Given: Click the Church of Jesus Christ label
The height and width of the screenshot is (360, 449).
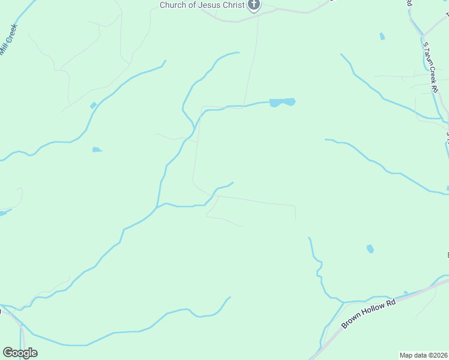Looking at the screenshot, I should pos(202,5).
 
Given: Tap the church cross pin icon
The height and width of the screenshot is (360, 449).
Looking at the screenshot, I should pos(254,5).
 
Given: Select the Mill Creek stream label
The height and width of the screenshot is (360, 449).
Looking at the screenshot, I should pos(10,40).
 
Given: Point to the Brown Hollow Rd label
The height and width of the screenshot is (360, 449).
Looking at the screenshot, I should pos(369,313).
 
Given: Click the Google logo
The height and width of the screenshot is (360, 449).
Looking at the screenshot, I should pos(20,353).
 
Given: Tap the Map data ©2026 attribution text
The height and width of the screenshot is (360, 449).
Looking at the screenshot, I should pos(423,355).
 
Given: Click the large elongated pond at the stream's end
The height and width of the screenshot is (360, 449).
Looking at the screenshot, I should pos(282,102).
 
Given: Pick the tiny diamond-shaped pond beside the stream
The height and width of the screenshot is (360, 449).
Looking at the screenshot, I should pos(93,106).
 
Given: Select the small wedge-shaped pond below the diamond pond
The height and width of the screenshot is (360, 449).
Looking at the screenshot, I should pos(97,149).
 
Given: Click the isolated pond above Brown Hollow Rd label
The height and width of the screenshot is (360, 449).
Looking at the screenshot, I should pos(370,248).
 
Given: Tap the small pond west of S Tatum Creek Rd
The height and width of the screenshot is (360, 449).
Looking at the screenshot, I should pos(382,37).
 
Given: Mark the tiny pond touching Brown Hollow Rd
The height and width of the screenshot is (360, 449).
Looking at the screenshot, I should pos(406,293).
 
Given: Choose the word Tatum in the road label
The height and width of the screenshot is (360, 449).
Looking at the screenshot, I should pos(429,59).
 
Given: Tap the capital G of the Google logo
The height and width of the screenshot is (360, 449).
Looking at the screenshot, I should pos(8,352).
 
